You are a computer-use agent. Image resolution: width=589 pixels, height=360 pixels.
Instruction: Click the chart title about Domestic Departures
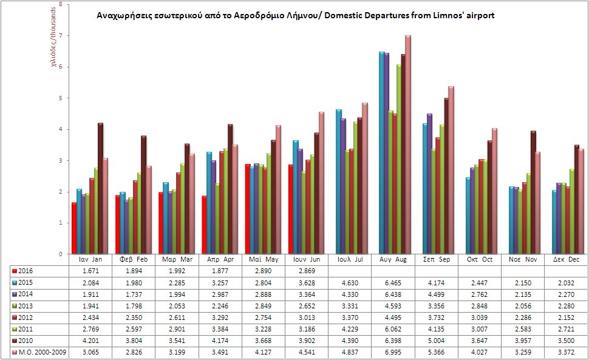pyautogui.click(x=296, y=16)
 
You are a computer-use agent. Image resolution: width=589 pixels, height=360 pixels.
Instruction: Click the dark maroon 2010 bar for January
pyautogui.click(x=100, y=188)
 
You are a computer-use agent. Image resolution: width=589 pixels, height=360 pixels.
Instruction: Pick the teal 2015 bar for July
pyautogui.click(x=338, y=182)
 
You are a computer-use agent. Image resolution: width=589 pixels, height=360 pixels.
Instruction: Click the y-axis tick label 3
pyautogui.click(x=61, y=161)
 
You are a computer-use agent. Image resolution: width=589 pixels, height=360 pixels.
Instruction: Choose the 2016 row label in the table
pyautogui.click(x=26, y=270)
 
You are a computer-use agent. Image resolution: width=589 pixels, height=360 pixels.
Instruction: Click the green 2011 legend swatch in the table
pyautogui.click(x=15, y=330)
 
